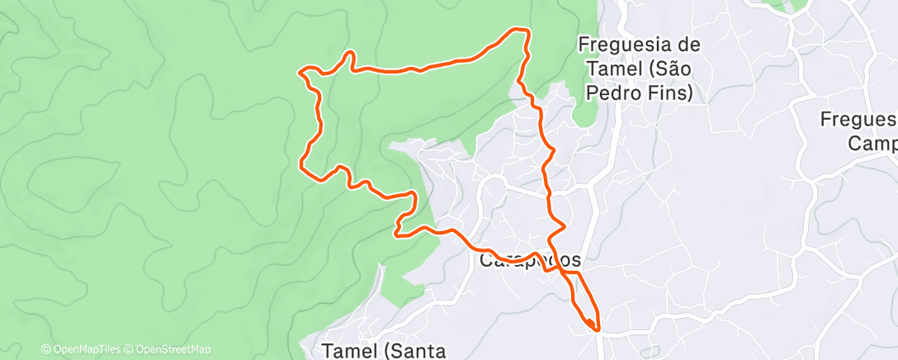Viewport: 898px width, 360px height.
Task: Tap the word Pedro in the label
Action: click(x=612, y=93)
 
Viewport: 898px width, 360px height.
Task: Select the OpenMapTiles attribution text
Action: click(x=85, y=349)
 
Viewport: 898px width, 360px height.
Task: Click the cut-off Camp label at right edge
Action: click(x=873, y=144)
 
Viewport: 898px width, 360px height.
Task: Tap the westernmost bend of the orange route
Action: click(x=300, y=72)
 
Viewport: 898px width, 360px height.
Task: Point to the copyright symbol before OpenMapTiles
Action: click(x=45, y=349)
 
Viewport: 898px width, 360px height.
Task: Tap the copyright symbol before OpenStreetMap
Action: click(x=130, y=349)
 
